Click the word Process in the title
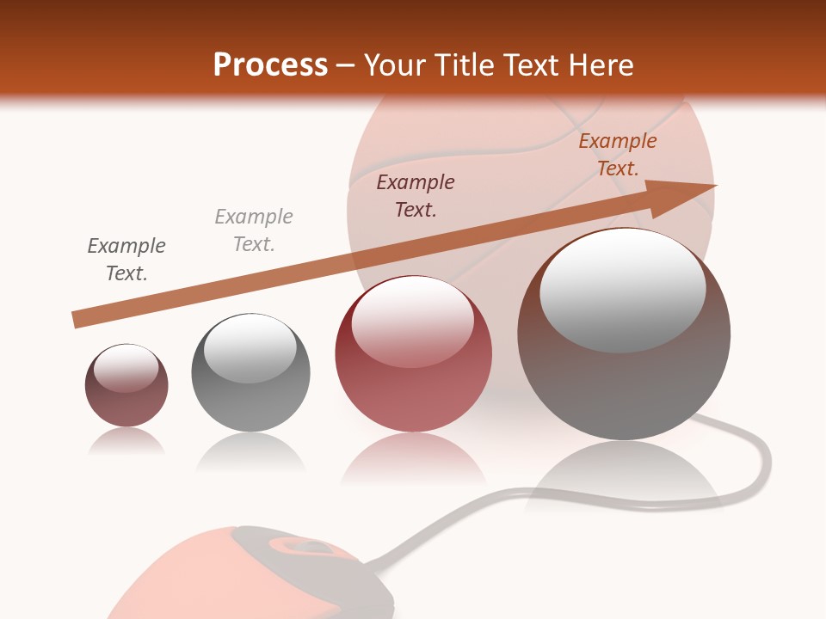[270, 65]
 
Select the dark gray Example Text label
[126, 260]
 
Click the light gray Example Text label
[254, 230]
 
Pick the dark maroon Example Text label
[416, 196]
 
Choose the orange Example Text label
[617, 155]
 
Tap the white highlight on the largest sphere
[623, 289]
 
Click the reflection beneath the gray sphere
[250, 453]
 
